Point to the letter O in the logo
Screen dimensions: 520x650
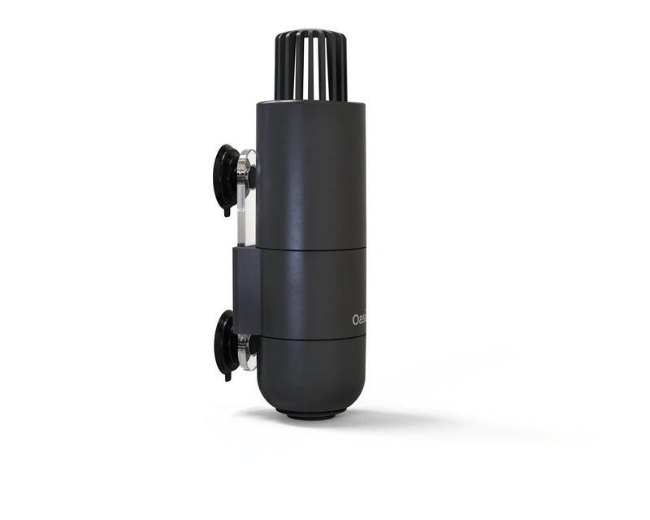356,320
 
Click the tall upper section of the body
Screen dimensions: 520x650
311,171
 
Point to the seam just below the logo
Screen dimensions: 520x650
311,337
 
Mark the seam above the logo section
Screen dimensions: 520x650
311,248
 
